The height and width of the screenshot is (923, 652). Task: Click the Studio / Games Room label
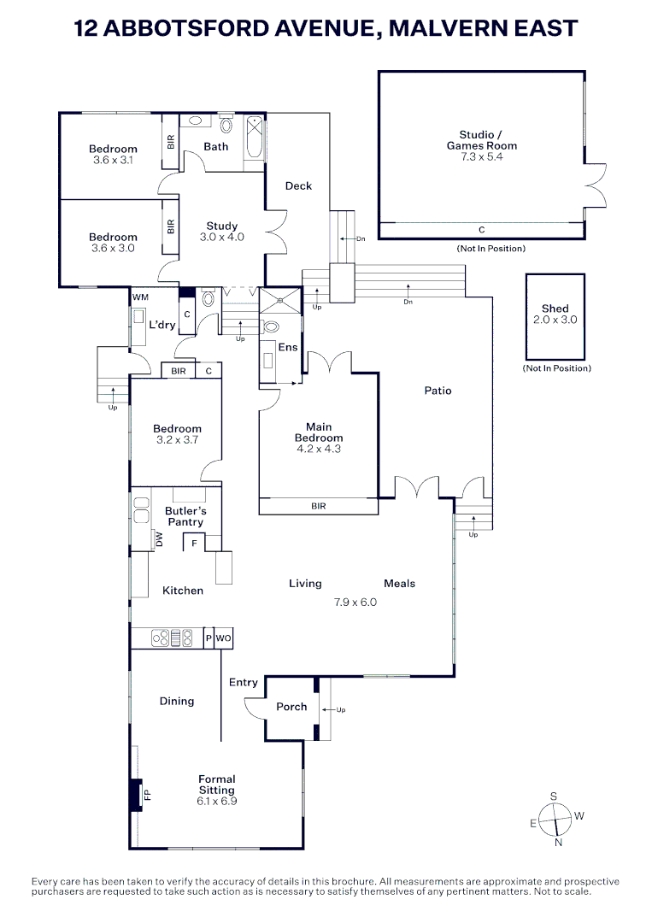tap(481, 140)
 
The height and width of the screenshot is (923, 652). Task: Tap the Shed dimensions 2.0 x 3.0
tap(555, 320)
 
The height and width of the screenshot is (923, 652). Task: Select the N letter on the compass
tap(559, 843)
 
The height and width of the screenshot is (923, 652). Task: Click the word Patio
tap(438, 391)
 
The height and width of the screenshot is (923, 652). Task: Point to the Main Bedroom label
tap(319, 432)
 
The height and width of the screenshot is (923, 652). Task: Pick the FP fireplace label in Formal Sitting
tap(147, 795)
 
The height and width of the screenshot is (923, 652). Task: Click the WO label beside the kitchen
tap(224, 638)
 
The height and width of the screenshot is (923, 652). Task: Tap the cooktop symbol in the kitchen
tap(172, 638)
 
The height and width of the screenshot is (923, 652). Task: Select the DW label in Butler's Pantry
tap(159, 539)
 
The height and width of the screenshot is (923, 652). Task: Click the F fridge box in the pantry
tap(194, 542)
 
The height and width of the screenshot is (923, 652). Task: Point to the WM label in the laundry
tap(140, 297)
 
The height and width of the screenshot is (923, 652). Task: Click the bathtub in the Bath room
tap(254, 137)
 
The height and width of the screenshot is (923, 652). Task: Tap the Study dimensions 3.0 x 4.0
tap(222, 237)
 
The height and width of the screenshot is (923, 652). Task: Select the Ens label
tap(288, 347)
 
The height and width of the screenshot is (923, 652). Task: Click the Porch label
tap(291, 707)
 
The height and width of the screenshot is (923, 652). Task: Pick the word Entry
tap(243, 682)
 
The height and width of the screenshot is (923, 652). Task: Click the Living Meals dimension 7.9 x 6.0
tap(355, 603)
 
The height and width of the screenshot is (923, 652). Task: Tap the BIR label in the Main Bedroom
tap(319, 506)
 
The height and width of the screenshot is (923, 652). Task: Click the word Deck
tap(298, 186)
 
